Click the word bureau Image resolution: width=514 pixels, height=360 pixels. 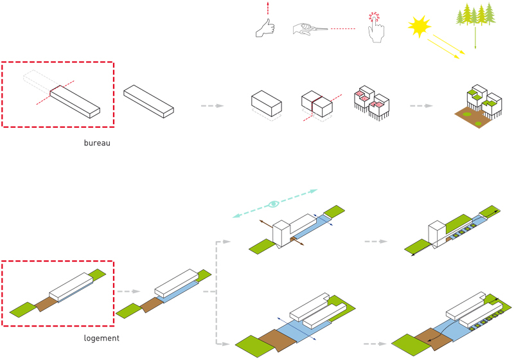click(97, 143)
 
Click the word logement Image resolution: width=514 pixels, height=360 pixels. click(102, 338)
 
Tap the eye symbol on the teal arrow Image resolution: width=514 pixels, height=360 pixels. click(274, 204)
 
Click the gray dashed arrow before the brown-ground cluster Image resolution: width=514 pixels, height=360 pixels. click(420, 105)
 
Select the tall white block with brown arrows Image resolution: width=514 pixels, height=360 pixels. click(283, 233)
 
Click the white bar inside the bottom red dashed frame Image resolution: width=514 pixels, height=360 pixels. click(70, 287)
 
